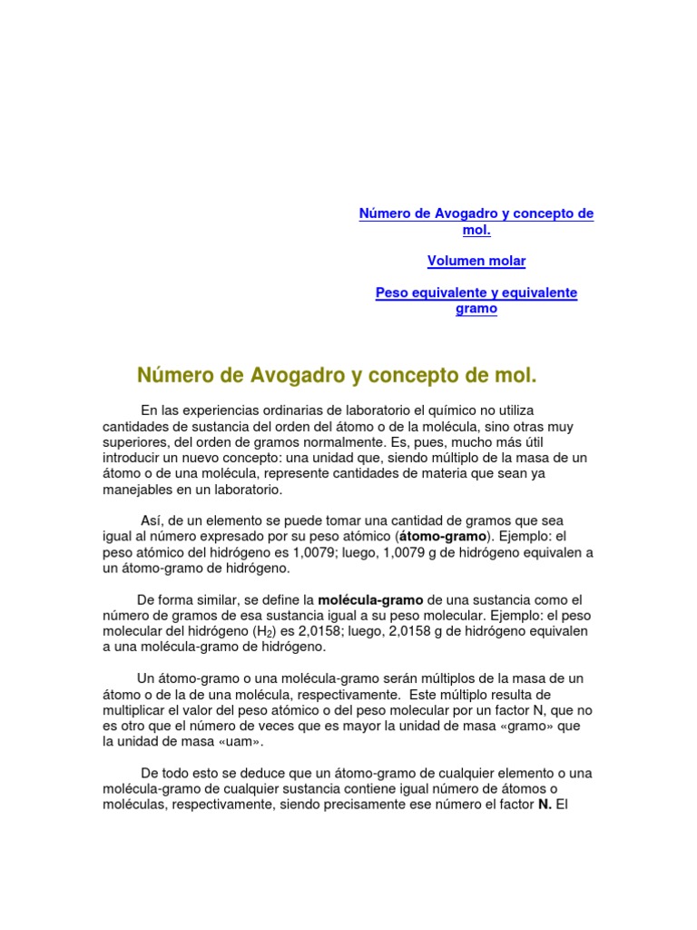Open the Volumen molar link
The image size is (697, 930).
pos(476,261)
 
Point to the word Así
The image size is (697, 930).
pos(151,520)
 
